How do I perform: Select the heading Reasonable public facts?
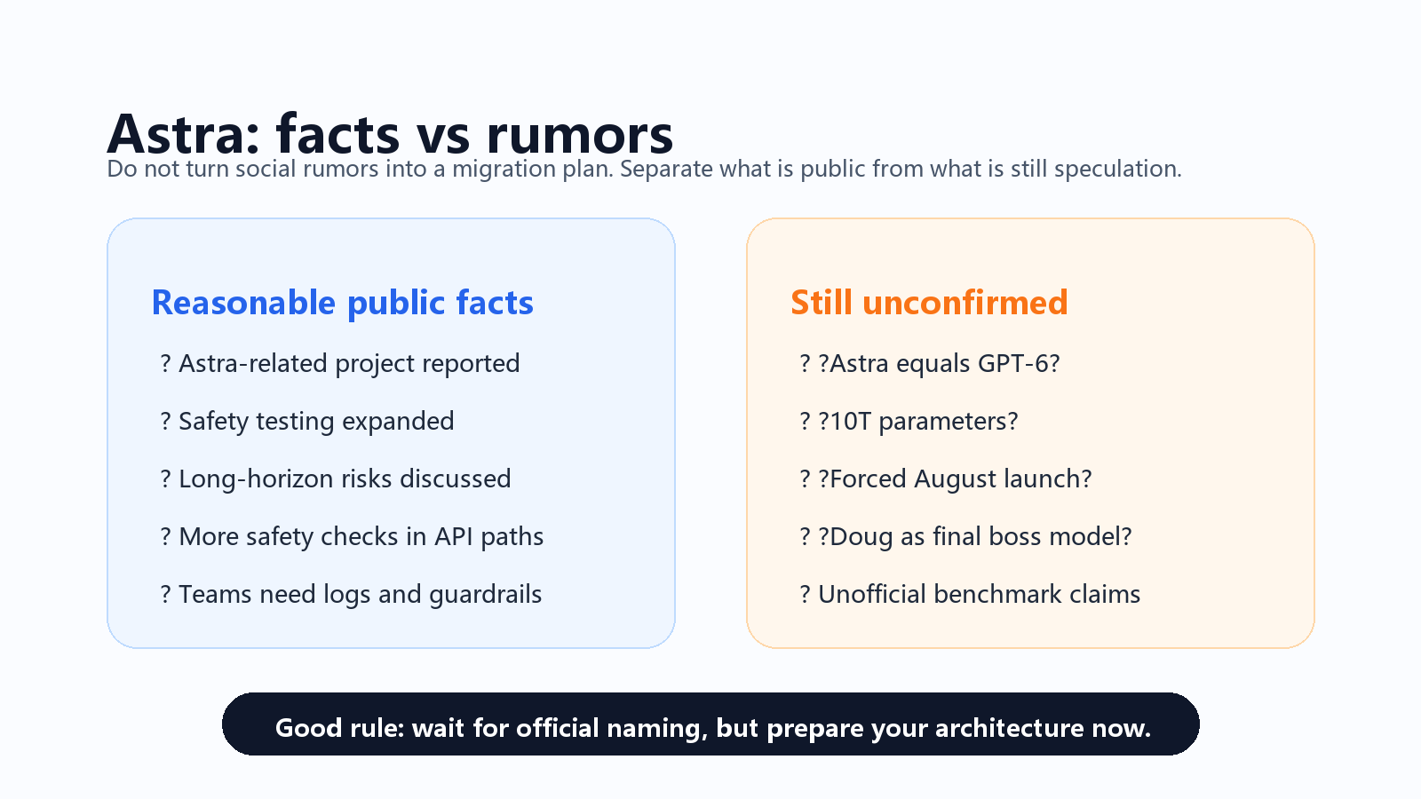click(x=343, y=303)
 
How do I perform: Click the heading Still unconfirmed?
click(x=929, y=303)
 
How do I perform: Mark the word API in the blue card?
click(x=454, y=537)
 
